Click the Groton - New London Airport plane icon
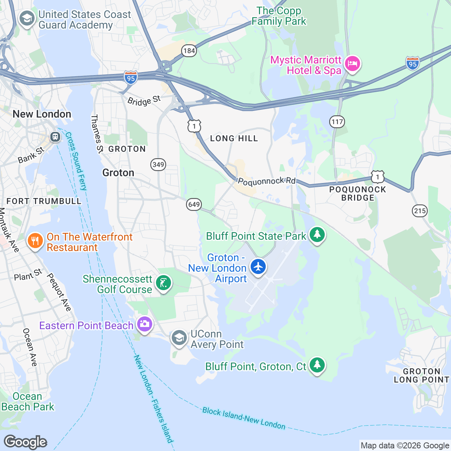pyautogui.click(x=258, y=266)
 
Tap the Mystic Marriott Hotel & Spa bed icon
pyautogui.click(x=352, y=64)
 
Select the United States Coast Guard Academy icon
pyautogui.click(x=27, y=18)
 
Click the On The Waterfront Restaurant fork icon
pyautogui.click(x=35, y=241)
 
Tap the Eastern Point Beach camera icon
pyautogui.click(x=144, y=324)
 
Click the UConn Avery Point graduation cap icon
pyautogui.click(x=179, y=338)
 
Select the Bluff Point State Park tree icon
pyautogui.click(x=317, y=235)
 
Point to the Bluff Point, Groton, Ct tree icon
pyautogui.click(x=317, y=365)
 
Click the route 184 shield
pyautogui.click(x=189, y=51)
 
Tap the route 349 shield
pyautogui.click(x=158, y=164)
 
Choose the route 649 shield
pyautogui.click(x=194, y=204)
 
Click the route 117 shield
pyautogui.click(x=337, y=122)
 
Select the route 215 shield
pyautogui.click(x=419, y=210)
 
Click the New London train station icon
pyautogui.click(x=55, y=136)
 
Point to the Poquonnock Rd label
pyautogui.click(x=267, y=182)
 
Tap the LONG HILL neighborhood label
pyautogui.click(x=234, y=139)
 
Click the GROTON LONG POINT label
pyautogui.click(x=421, y=375)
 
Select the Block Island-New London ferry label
pyautogui.click(x=244, y=418)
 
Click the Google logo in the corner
pyautogui.click(x=25, y=442)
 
